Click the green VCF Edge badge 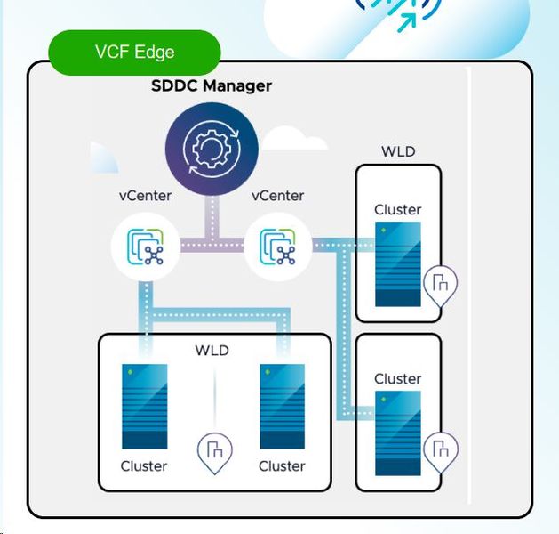pos(134,52)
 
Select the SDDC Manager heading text pos(212,85)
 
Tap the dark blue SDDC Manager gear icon pos(212,148)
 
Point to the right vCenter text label pos(278,196)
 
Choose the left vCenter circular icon pos(145,247)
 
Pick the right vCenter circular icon pos(277,247)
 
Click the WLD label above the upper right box pos(398,150)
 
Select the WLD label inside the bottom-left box pos(212,350)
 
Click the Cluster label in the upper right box pos(397,210)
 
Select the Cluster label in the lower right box pos(397,378)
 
